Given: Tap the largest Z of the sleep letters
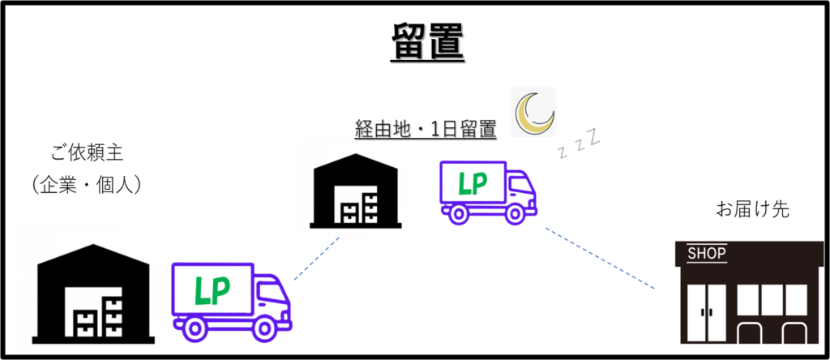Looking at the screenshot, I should pos(595,136).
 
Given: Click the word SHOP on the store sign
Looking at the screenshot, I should pos(707,254).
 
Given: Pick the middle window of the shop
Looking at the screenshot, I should pos(769,298).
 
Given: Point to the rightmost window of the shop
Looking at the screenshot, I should pos(797,298).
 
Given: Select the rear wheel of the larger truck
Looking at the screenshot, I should pos(193,326).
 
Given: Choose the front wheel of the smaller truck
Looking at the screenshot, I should pos(514,214).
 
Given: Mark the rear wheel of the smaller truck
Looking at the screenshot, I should pos(458,214).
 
